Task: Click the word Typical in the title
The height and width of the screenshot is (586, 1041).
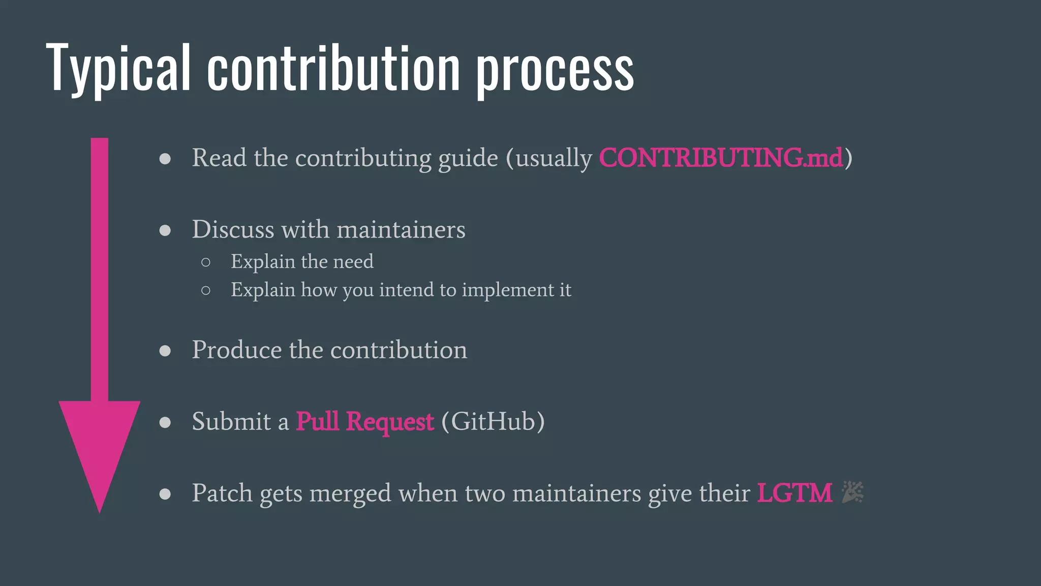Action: [x=118, y=69]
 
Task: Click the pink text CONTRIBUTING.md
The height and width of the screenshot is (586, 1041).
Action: [x=721, y=158]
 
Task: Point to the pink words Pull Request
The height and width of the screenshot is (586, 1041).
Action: [x=364, y=422]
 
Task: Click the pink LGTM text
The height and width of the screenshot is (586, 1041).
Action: [x=794, y=493]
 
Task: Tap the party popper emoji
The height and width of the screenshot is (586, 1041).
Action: [x=852, y=492]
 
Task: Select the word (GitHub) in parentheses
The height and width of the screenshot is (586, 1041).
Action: [x=493, y=422]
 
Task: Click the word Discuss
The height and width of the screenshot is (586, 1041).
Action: [x=233, y=229]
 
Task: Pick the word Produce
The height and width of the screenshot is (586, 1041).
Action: [x=236, y=350]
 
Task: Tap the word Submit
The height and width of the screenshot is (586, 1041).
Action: [x=231, y=422]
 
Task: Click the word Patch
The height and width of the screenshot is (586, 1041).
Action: [x=222, y=493]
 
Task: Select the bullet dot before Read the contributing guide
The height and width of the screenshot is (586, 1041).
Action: [x=165, y=159]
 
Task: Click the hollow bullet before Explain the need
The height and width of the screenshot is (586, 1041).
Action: [x=206, y=262]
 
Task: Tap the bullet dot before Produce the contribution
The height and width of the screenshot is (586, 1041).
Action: [x=165, y=351]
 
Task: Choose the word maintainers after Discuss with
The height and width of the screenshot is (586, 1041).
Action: [x=401, y=229]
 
